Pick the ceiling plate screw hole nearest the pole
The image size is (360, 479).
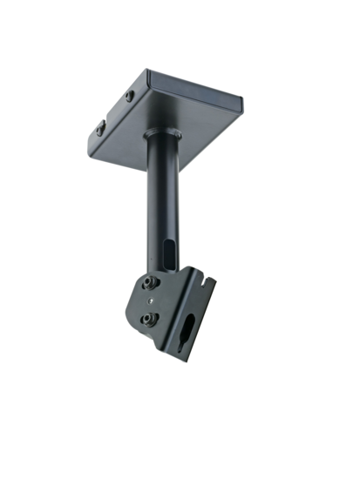(x=130, y=96)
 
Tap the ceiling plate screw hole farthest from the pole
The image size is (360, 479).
(x=99, y=128)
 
